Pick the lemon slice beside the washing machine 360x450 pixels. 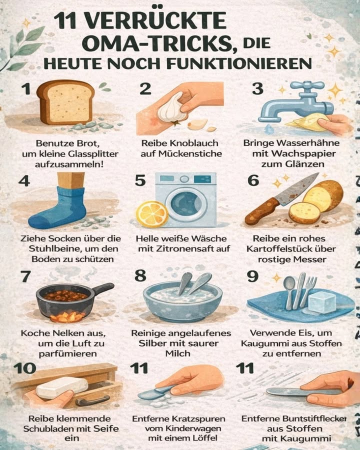pyautogui.click(x=152, y=214)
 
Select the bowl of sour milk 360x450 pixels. pyautogui.click(x=182, y=300)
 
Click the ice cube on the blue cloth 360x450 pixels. pyautogui.click(x=321, y=302)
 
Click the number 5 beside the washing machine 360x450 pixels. pyautogui.click(x=140, y=180)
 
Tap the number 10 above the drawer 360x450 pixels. pyautogui.click(x=25, y=368)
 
